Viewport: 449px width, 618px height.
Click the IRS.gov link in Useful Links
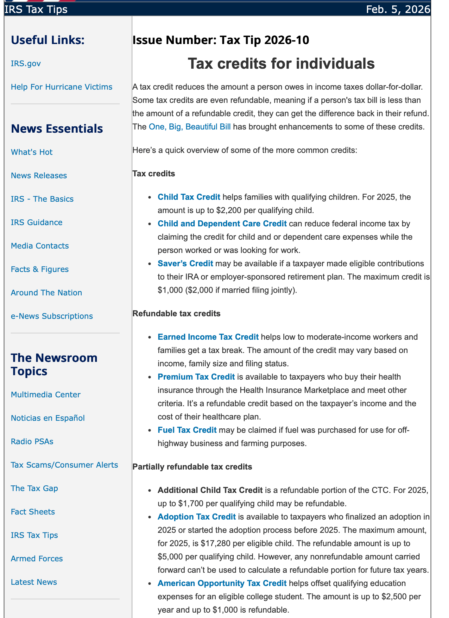pyautogui.click(x=26, y=64)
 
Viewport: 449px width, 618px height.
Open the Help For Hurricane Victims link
pyautogui.click(x=61, y=87)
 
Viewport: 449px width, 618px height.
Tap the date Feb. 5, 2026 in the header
pyautogui.click(x=398, y=9)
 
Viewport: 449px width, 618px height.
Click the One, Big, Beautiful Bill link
pyautogui.click(x=189, y=127)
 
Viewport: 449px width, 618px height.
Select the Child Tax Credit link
pyautogui.click(x=189, y=197)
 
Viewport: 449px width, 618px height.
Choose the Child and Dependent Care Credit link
pyautogui.click(x=222, y=224)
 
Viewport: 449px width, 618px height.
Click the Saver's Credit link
pyautogui.click(x=185, y=264)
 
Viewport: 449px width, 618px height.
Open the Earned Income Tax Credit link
pyautogui.click(x=208, y=337)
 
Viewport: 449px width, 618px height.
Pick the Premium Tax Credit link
pyautogui.click(x=196, y=377)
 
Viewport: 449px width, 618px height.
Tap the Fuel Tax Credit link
pyautogui.click(x=187, y=430)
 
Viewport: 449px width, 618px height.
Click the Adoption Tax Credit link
pyautogui.click(x=197, y=517)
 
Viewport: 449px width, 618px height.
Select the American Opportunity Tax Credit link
pyautogui.click(x=222, y=583)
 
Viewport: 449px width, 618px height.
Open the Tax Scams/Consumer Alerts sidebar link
pyautogui.click(x=64, y=465)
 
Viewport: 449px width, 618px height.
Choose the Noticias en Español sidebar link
pyautogui.click(x=48, y=418)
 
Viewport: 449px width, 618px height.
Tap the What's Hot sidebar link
pyautogui.click(x=32, y=152)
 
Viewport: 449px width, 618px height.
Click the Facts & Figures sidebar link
pyautogui.click(x=40, y=269)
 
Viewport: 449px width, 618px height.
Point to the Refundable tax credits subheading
pyautogui.click(x=176, y=314)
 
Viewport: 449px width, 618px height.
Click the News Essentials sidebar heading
pyautogui.click(x=57, y=129)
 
